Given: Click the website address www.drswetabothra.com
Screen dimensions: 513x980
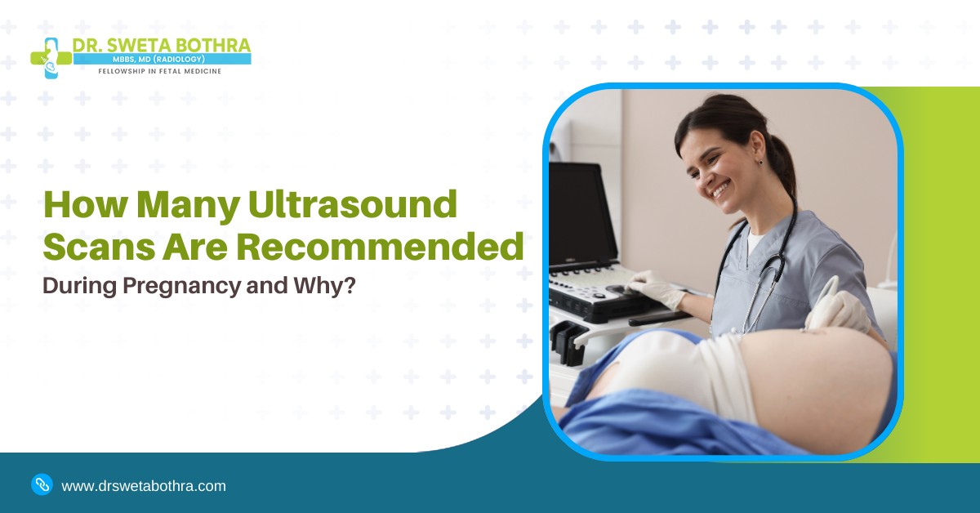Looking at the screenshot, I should click(144, 486).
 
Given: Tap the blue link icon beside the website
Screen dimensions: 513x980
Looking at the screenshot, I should click(42, 484).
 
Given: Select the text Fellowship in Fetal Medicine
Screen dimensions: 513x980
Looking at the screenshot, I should click(159, 71).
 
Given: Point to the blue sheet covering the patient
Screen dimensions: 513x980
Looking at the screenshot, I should click(653, 425).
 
